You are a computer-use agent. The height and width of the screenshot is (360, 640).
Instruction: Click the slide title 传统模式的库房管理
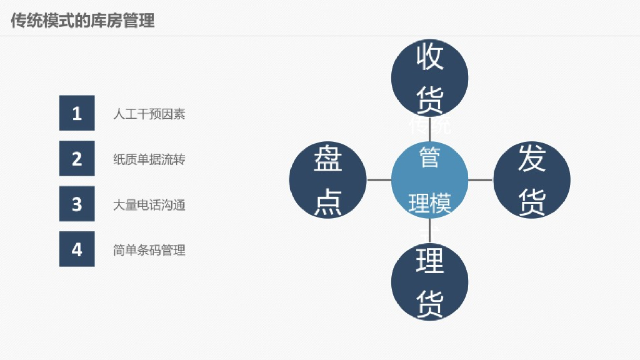[x=82, y=21]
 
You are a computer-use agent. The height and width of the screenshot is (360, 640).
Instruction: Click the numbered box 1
[x=77, y=113]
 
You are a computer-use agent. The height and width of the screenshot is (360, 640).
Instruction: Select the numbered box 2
[x=77, y=159]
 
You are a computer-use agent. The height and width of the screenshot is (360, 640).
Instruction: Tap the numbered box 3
[x=77, y=204]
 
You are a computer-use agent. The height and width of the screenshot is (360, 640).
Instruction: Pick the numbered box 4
[x=77, y=249]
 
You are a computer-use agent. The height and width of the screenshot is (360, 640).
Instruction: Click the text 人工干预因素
[x=149, y=114]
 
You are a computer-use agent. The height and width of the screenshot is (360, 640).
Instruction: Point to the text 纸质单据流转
[x=149, y=159]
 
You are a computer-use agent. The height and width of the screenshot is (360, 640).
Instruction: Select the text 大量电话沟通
[x=149, y=204]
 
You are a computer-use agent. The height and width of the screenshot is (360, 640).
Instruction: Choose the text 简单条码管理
[x=149, y=250]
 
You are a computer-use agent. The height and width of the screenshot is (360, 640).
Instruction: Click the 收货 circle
[x=429, y=77]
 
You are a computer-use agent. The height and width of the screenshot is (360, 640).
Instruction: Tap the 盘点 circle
[x=327, y=180]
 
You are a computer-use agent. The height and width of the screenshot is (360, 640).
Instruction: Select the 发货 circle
[x=532, y=180]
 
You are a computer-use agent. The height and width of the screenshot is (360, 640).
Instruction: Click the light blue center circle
[x=429, y=180]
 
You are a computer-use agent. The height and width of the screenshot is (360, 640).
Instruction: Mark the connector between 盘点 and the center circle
[x=379, y=180]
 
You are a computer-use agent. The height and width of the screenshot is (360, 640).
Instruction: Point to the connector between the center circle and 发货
[x=481, y=180]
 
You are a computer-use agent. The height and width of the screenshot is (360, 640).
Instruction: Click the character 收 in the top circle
[x=430, y=58]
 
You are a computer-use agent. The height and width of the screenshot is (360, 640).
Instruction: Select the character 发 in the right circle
[x=532, y=159]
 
